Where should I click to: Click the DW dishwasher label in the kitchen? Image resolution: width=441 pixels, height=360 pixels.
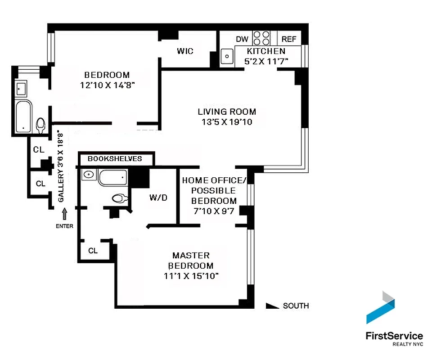click(x=242, y=39)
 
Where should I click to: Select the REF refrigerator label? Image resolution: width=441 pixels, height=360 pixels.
click(x=289, y=39)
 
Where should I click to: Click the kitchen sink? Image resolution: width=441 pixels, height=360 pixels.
click(x=227, y=57)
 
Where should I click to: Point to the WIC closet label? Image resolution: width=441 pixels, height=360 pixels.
click(x=185, y=51)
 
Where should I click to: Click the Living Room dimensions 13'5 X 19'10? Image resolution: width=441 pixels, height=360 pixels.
click(x=227, y=122)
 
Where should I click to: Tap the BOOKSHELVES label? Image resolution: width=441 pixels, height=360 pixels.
click(x=115, y=159)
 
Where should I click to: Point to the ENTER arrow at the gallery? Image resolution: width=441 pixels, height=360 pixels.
click(x=64, y=213)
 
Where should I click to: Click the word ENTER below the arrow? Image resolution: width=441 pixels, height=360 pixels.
click(x=64, y=226)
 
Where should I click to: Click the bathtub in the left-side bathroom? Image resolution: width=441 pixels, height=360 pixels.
click(x=22, y=117)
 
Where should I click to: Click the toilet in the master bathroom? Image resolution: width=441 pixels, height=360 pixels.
click(x=119, y=198)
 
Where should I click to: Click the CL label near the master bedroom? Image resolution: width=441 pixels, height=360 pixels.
click(x=93, y=251)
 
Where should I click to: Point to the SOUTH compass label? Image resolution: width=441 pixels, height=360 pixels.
click(x=296, y=306)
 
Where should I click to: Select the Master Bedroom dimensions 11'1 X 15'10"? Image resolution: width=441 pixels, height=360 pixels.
click(x=191, y=275)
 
